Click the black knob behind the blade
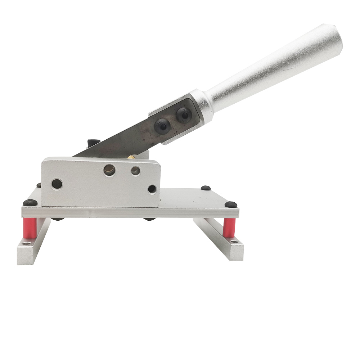click(92, 143)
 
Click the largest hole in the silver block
click(109, 170)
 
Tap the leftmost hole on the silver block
click(57, 184)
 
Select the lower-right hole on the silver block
click(152, 189)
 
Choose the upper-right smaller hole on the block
click(135, 171)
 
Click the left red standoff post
click(30, 229)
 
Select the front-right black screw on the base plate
click(231, 204)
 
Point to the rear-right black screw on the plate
click(206, 188)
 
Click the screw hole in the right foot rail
click(234, 242)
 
